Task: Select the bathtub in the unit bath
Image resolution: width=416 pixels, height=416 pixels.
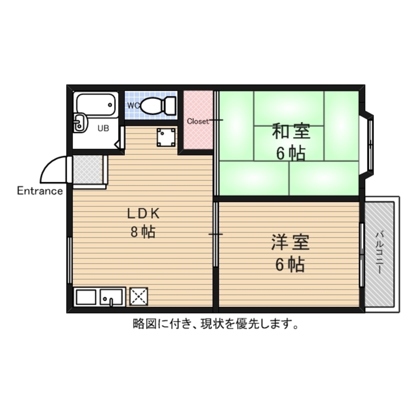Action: point(95,104)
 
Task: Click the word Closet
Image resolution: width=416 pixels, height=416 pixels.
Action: point(198,121)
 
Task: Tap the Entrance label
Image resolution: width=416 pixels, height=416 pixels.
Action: point(40,191)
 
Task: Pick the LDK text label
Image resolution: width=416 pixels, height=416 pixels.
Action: point(144,214)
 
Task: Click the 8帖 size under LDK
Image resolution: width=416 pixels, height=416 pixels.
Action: point(143,232)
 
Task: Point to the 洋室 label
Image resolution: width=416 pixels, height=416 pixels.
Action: point(290,243)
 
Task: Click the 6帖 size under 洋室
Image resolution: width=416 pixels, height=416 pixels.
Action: point(290,265)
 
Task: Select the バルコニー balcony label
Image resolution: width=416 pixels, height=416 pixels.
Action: point(379,252)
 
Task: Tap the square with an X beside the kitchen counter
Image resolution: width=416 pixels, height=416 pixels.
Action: point(139,297)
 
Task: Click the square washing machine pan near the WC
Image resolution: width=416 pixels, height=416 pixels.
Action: point(166,137)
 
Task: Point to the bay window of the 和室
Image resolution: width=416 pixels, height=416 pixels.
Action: point(369,144)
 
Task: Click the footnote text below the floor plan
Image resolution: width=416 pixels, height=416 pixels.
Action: point(215,324)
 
